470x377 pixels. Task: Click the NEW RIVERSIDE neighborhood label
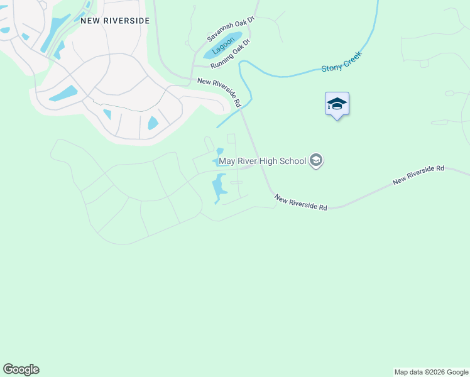pyautogui.click(x=115, y=21)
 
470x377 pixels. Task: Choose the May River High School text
pyautogui.click(x=262, y=161)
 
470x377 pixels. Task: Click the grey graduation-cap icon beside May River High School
pyautogui.click(x=316, y=161)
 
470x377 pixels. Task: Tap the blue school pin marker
pyautogui.click(x=337, y=104)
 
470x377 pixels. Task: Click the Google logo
pyautogui.click(x=21, y=369)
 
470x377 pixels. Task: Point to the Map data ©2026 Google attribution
pyautogui.click(x=431, y=372)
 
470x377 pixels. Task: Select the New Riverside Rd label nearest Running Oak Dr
pyautogui.click(x=219, y=92)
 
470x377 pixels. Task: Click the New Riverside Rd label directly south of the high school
pyautogui.click(x=301, y=202)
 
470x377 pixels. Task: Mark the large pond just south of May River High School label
pyautogui.click(x=219, y=186)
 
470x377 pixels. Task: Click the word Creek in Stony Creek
pyautogui.click(x=352, y=55)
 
